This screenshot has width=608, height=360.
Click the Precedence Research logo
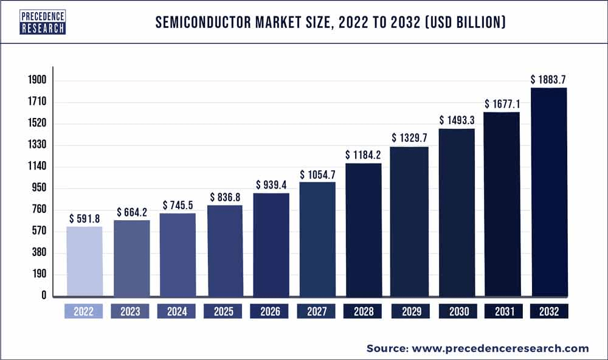pyautogui.click(x=42, y=21)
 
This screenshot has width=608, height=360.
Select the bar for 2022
pyautogui.click(x=85, y=261)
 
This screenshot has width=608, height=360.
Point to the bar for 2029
pyautogui.click(x=409, y=221)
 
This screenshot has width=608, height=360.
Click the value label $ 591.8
pyautogui.click(x=85, y=218)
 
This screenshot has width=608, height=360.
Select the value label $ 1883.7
pyautogui.click(x=550, y=79)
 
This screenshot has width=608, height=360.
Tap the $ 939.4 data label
pyautogui.click(x=271, y=184)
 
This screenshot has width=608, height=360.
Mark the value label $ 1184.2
pyautogui.click(x=364, y=154)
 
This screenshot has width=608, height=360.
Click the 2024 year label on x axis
pyautogui.click(x=177, y=311)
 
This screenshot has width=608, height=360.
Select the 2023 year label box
pyautogui.click(x=131, y=311)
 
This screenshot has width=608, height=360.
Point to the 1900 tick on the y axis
pyautogui.click(x=36, y=80)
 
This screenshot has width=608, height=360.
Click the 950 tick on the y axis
pyautogui.click(x=40, y=188)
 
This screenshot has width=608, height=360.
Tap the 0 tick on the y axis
pyautogui.click(x=44, y=296)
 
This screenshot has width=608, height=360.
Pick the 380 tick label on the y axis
pyautogui.click(x=40, y=252)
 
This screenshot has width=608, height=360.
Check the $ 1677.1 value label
pyautogui.click(x=503, y=104)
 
